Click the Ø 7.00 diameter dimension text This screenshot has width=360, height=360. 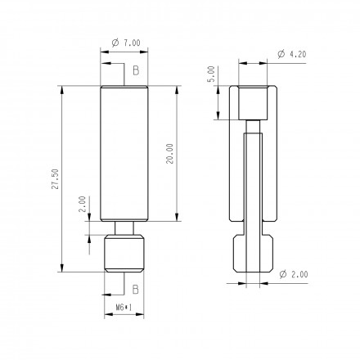pyautogui.click(x=126, y=43)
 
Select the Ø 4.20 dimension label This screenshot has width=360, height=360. pyautogui.click(x=292, y=54)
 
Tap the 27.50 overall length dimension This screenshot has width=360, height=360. pyautogui.click(x=56, y=179)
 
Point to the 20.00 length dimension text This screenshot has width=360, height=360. pyautogui.click(x=170, y=154)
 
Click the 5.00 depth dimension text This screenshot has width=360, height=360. pyautogui.click(x=211, y=74)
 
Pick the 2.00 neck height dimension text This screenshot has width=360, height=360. pyautogui.click(x=83, y=204)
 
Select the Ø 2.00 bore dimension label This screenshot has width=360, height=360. pyautogui.click(x=294, y=274)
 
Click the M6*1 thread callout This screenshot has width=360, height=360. pyautogui.click(x=124, y=308)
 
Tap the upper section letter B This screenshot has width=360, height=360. pyautogui.click(x=136, y=70)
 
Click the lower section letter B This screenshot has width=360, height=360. pyautogui.click(x=136, y=289)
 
